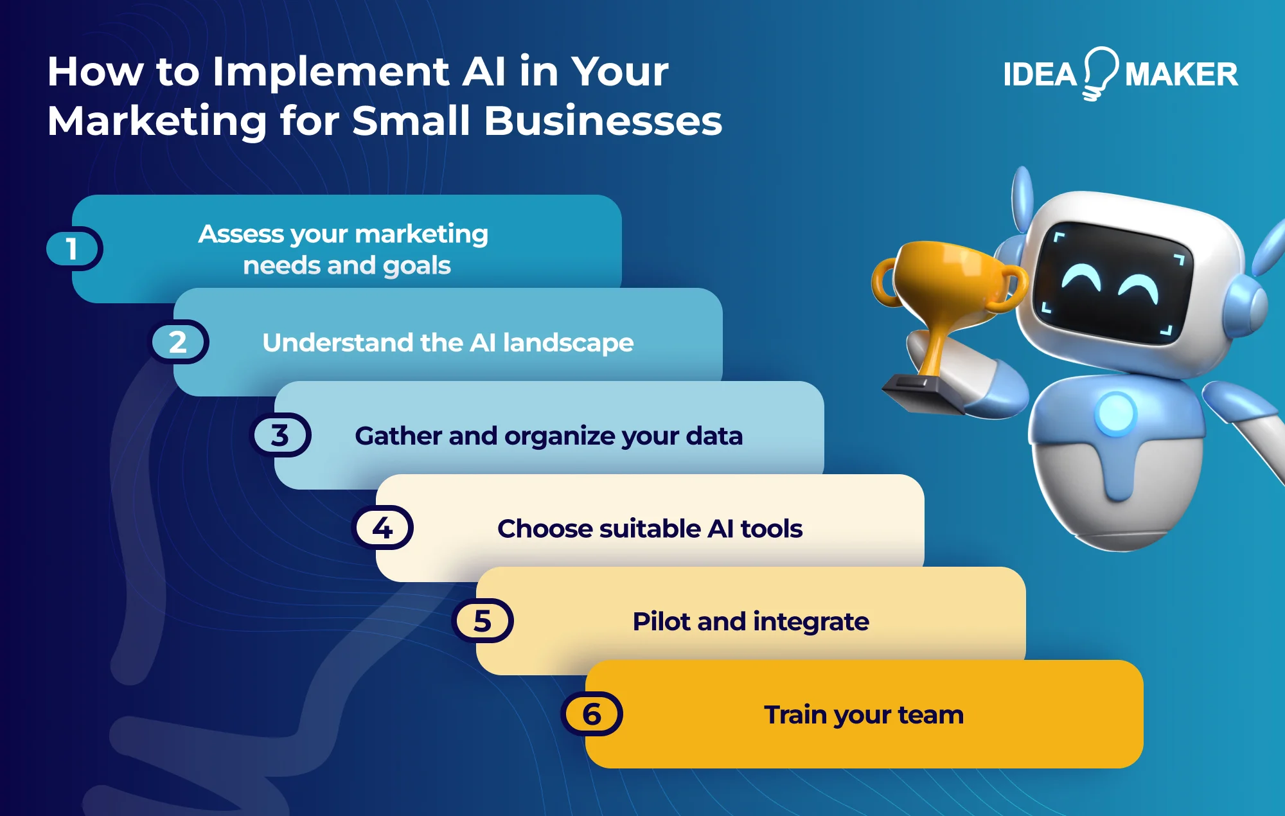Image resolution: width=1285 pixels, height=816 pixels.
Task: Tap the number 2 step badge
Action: [x=179, y=342]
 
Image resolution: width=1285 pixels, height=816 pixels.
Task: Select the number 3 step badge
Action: [x=280, y=435]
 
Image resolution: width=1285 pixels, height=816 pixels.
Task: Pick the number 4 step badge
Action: [x=383, y=528]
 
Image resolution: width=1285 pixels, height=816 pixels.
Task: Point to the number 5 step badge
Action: [x=483, y=621]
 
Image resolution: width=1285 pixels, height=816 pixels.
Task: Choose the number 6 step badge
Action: [x=592, y=714]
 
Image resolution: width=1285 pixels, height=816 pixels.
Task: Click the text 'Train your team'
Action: [x=864, y=714]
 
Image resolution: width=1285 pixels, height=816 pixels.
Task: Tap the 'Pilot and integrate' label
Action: [x=750, y=621]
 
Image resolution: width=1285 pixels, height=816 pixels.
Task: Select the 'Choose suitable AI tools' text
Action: [x=650, y=529]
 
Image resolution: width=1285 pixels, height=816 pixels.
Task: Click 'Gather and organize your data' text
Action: [x=549, y=436]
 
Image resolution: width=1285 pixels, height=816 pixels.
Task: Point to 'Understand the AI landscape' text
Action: [x=448, y=342]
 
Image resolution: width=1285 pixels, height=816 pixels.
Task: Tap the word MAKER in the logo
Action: [x=1181, y=75]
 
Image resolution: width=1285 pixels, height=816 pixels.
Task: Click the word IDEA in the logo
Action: [x=1040, y=75]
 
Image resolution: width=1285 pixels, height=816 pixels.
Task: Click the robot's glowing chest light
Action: [x=1117, y=412]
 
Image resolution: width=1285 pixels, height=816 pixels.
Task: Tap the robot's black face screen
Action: [x=1112, y=283]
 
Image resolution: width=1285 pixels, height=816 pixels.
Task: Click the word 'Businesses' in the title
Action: [x=603, y=121]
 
